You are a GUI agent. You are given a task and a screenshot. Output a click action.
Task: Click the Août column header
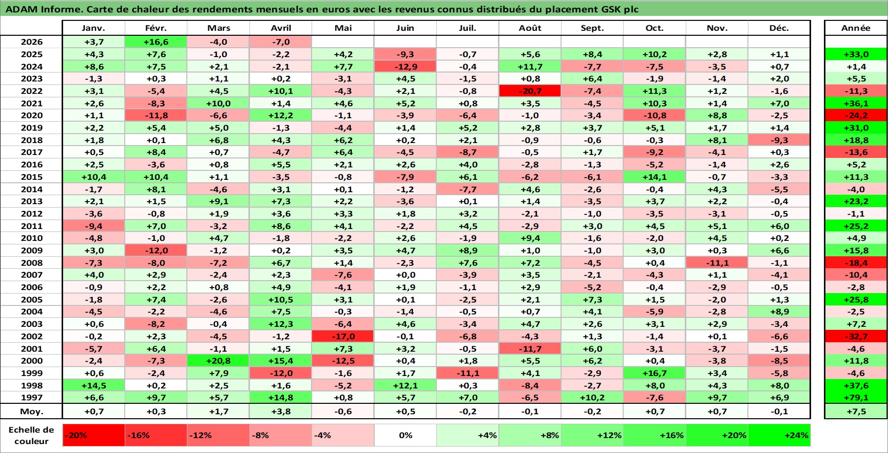click(x=530, y=28)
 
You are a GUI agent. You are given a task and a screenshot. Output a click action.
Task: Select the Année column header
click(x=856, y=28)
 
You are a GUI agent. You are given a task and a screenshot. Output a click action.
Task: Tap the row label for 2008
click(x=32, y=263)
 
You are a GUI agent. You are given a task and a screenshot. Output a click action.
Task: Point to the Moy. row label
click(x=32, y=411)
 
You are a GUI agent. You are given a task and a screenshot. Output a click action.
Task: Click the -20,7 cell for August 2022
click(x=530, y=91)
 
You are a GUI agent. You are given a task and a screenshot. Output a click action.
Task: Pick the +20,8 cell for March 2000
click(x=219, y=361)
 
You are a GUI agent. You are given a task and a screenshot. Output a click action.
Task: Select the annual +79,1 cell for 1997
click(x=856, y=397)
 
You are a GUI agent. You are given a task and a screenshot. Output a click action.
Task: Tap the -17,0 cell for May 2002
click(x=343, y=336)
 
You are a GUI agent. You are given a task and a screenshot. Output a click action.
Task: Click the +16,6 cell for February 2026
click(x=156, y=42)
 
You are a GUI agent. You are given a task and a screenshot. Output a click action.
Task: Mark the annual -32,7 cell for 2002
click(x=856, y=336)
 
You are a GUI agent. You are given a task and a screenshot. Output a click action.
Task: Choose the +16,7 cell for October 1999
click(x=654, y=373)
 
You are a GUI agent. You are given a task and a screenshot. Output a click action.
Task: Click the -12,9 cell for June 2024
click(x=405, y=67)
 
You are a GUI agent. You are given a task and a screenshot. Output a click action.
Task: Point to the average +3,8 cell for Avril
click(x=281, y=411)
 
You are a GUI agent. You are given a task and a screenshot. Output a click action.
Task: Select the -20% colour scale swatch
click(x=94, y=435)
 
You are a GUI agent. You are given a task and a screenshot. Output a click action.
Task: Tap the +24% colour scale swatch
click(x=779, y=435)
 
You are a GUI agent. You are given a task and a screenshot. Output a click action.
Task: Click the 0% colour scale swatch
click(x=405, y=435)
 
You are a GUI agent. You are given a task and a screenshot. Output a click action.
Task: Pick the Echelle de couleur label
click(x=31, y=436)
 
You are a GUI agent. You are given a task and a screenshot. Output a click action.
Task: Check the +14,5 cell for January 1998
click(x=94, y=385)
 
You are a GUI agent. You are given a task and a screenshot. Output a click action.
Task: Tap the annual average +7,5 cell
click(x=856, y=411)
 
